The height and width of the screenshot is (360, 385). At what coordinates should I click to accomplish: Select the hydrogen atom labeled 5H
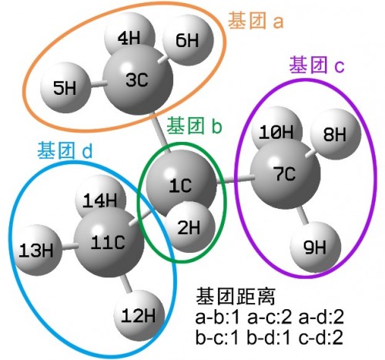point(65,88)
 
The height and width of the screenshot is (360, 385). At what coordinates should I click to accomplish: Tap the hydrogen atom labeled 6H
point(188,40)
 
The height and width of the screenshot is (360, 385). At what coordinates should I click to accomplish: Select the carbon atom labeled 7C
point(285,173)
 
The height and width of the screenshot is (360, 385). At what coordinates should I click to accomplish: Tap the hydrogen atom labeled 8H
point(336,134)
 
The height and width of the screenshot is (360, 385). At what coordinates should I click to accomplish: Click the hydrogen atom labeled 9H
point(316,247)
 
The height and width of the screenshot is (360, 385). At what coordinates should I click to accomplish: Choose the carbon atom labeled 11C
point(109,242)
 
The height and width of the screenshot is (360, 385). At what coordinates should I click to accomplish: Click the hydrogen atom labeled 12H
point(139,315)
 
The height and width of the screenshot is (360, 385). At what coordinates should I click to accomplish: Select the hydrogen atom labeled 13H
point(36,250)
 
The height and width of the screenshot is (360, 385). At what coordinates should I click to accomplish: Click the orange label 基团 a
point(256,21)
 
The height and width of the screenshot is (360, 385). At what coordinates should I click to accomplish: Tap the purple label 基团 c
point(316,66)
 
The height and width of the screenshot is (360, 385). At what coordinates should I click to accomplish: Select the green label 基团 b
point(194,126)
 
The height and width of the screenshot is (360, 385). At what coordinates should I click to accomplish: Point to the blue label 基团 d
point(65,150)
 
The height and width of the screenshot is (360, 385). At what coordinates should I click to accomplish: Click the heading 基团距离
point(236,296)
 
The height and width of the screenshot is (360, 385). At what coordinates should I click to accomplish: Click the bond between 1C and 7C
point(235,180)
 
